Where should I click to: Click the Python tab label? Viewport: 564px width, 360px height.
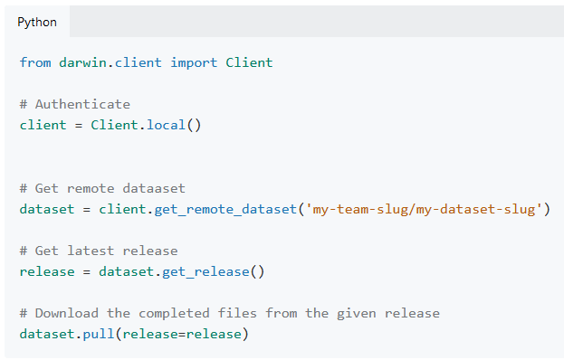point(36,22)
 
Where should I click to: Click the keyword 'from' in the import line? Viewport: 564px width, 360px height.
point(35,62)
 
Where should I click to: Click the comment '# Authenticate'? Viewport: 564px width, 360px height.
point(75,104)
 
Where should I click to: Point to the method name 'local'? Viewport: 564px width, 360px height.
point(166,125)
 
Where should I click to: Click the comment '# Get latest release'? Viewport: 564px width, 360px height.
point(99,251)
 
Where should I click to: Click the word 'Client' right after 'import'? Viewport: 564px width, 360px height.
point(249,62)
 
